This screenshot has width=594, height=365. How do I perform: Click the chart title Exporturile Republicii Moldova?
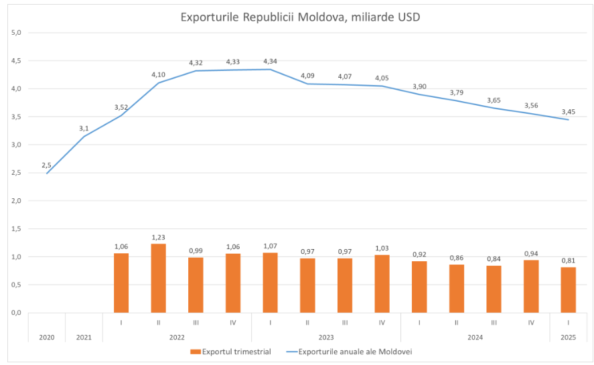click(300, 17)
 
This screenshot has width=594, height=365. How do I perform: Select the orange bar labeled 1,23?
click(158, 278)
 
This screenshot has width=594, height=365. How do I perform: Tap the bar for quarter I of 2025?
click(568, 290)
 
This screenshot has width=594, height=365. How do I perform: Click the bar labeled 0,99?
click(196, 285)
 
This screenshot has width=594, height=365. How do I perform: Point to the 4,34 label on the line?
click(270, 61)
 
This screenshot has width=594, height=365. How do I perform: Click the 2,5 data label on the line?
click(46, 165)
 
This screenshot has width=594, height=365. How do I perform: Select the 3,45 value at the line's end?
click(568, 111)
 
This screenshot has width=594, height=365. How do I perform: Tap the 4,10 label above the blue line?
click(158, 74)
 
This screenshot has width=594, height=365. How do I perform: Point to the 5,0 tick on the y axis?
click(17, 32)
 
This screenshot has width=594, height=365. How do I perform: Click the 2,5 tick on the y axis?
click(17, 173)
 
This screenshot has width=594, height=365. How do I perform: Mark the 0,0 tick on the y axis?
click(17, 313)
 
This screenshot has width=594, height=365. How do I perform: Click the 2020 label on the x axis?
click(46, 337)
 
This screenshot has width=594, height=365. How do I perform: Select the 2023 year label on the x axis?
click(326, 337)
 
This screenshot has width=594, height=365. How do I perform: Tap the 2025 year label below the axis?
click(568, 337)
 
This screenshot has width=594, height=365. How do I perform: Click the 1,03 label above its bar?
click(382, 247)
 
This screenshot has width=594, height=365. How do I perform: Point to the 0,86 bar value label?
click(456, 257)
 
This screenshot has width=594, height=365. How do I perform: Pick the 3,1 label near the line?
click(84, 128)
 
